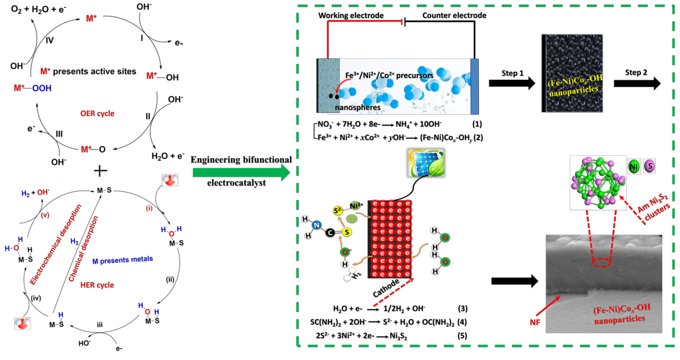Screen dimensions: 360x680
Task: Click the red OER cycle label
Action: click(x=97, y=114)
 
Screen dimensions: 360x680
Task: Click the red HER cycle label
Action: click(x=97, y=285)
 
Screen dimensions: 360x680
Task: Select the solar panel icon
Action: click(x=426, y=163)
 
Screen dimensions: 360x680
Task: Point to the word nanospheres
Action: click(x=358, y=108)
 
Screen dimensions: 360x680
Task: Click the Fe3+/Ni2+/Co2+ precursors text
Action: click(x=389, y=76)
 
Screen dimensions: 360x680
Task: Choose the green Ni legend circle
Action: click(x=634, y=166)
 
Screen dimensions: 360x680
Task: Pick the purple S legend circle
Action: click(x=649, y=166)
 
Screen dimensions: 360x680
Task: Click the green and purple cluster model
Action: click(x=598, y=182)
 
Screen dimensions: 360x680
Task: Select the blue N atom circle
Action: click(x=316, y=226)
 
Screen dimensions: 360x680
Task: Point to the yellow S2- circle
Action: click(x=338, y=211)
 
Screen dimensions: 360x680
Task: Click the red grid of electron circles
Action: click(x=391, y=239)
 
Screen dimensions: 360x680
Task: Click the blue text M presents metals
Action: click(x=123, y=260)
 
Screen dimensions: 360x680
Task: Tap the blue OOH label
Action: click(x=42, y=88)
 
